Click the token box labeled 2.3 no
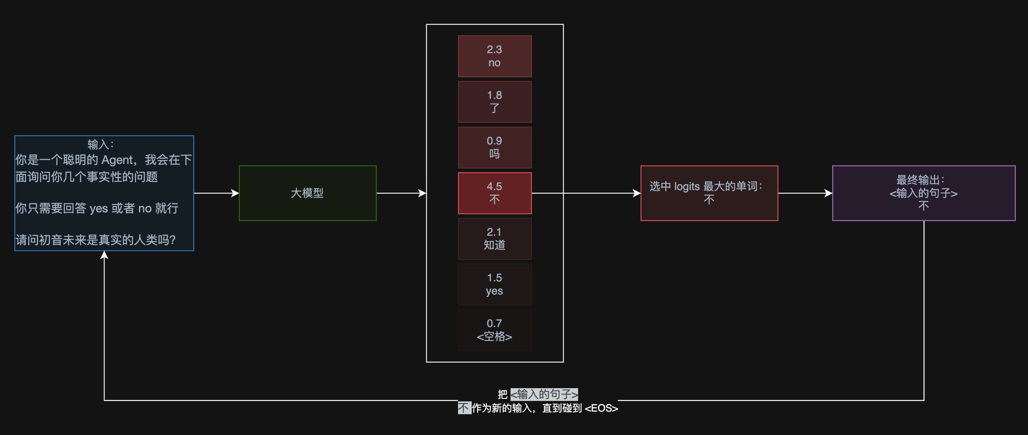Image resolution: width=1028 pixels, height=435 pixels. [495, 56]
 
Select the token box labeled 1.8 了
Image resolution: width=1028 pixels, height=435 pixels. [495, 102]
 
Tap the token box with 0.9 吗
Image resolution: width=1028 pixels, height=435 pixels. [495, 147]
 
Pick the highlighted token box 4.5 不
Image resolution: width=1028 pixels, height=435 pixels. [495, 193]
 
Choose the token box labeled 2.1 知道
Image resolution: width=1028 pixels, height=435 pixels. [495, 239]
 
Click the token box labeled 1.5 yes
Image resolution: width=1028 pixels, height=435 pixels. [495, 284]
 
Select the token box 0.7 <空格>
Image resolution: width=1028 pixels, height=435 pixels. [495, 330]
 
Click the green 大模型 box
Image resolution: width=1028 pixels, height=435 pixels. [307, 193]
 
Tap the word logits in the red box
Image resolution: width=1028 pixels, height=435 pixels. [687, 187]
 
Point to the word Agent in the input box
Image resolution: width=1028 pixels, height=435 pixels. [117, 160]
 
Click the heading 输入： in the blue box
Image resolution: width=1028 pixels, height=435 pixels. [101, 144]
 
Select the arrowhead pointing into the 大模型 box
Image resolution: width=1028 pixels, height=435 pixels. [235, 193]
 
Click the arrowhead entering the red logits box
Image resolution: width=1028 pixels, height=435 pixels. [637, 193]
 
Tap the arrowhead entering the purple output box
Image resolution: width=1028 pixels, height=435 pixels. [828, 193]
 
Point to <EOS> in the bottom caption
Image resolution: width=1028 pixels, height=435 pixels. [601, 408]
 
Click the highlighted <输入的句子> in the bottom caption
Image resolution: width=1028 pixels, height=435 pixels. [544, 394]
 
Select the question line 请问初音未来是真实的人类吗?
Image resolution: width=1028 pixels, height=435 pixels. [96, 240]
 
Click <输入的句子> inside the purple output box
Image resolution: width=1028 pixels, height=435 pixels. [924, 193]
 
